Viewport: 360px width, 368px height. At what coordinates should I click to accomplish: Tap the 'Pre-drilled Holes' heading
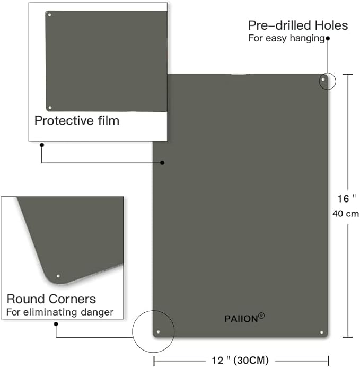298,25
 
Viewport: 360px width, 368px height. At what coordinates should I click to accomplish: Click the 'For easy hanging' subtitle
286,38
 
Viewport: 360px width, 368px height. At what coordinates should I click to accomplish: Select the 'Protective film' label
77,120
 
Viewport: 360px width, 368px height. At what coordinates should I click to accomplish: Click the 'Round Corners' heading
51,299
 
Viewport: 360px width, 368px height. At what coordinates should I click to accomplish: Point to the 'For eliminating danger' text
60,312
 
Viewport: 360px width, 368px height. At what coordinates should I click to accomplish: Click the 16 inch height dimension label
346,198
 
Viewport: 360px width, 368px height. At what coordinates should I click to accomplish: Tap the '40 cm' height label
346,214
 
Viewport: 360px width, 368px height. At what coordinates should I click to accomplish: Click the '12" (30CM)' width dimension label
240,360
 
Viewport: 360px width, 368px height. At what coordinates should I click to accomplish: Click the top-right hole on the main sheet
323,80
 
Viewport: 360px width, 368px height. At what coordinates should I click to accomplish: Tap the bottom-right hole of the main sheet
322,332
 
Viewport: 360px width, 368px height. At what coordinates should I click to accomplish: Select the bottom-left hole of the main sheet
158,332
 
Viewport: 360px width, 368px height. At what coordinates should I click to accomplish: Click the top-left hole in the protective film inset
50,15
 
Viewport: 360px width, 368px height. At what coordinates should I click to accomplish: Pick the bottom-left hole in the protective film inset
50,108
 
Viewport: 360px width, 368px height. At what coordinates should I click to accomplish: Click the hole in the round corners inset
58,276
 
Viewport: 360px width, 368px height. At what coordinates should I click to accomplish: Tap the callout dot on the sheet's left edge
162,163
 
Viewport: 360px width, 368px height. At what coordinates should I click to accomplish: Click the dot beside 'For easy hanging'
328,38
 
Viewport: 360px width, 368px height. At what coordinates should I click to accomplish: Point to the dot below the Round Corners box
56,324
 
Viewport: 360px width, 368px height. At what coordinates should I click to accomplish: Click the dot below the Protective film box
42,145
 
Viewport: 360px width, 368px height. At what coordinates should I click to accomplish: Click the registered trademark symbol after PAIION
261,316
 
